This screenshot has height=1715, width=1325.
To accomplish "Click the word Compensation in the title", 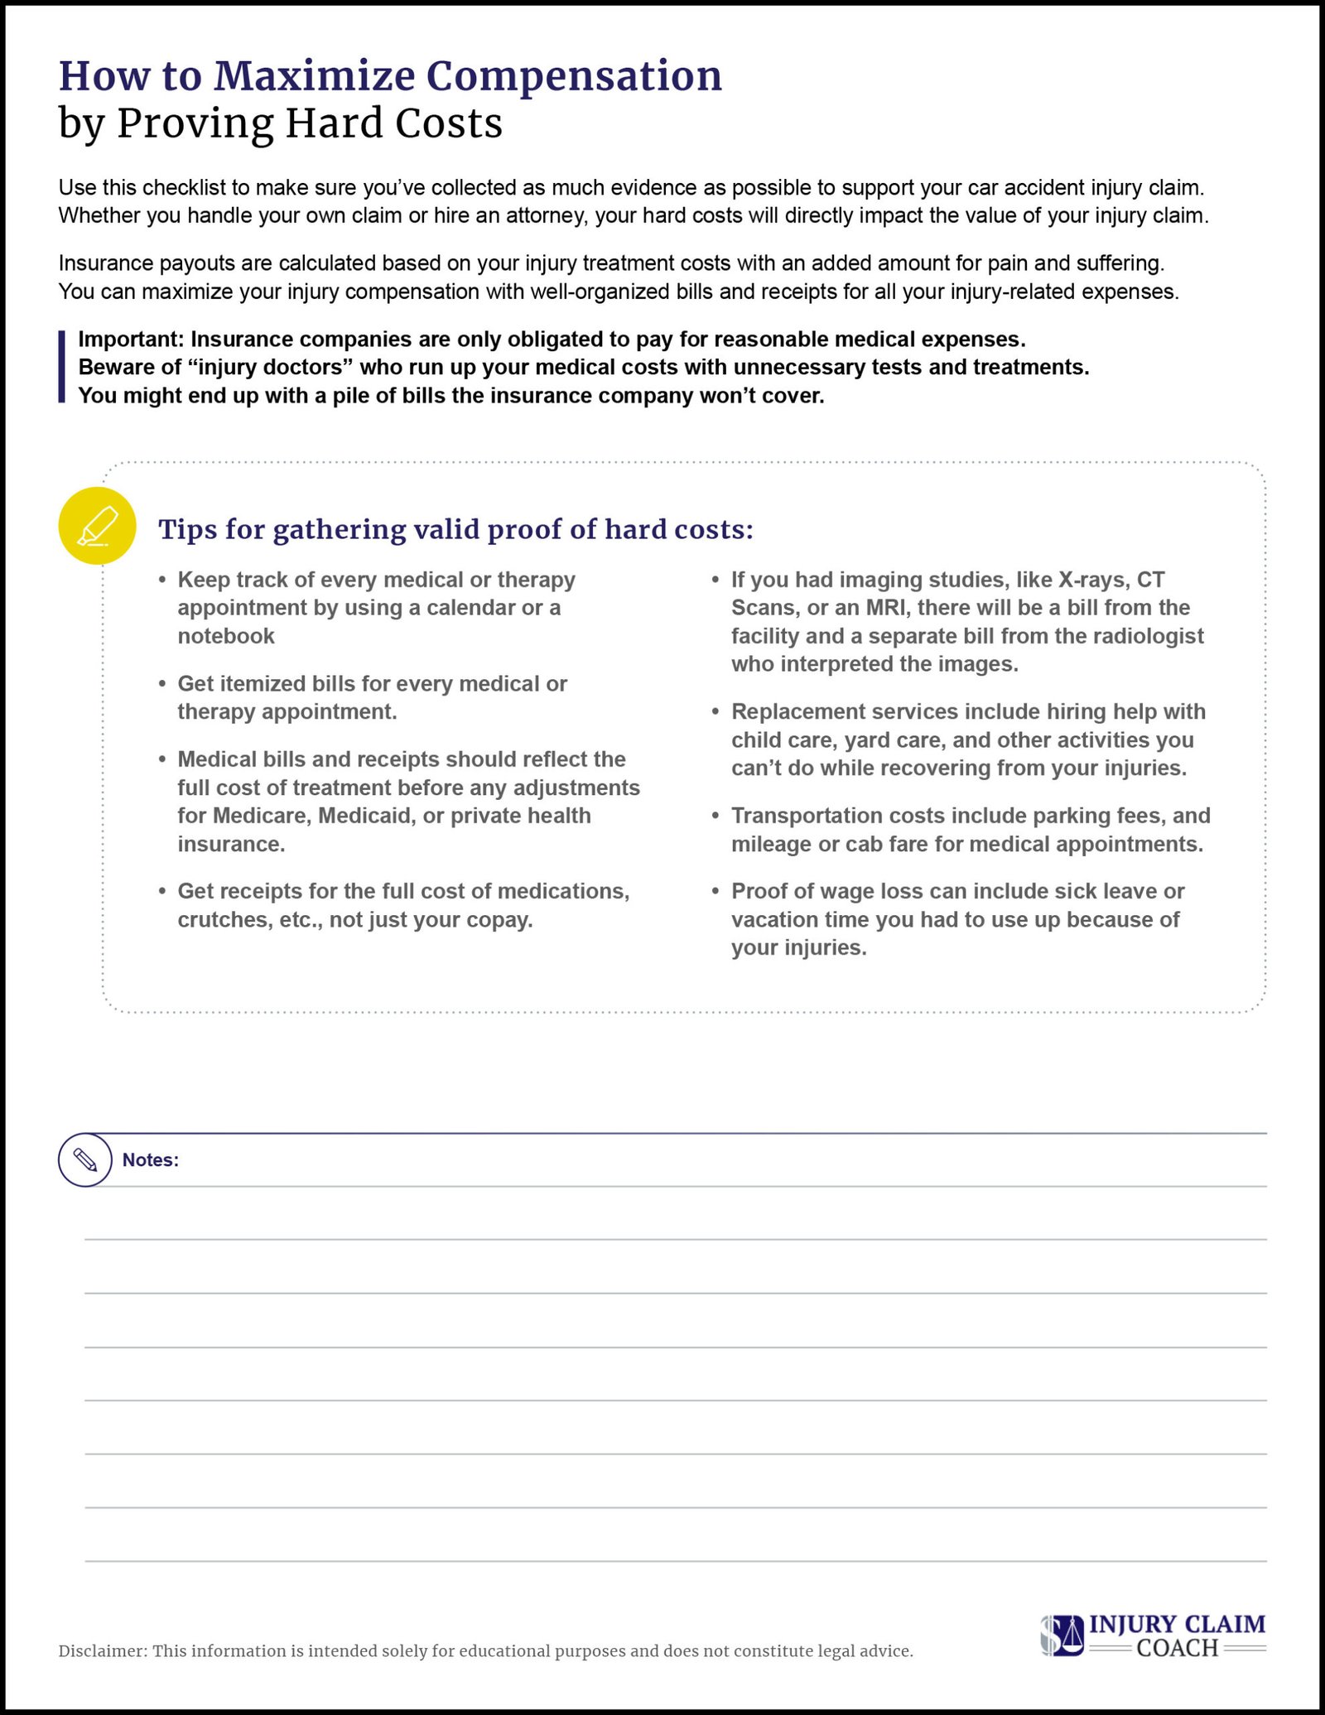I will [573, 76].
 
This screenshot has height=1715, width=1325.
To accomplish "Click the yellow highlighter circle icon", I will [97, 526].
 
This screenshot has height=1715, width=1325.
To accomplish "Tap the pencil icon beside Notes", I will [85, 1159].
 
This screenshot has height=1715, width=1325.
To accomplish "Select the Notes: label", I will [151, 1160].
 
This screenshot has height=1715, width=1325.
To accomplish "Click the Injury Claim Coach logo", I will [1153, 1635].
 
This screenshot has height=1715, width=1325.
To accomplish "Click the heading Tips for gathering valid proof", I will [455, 529].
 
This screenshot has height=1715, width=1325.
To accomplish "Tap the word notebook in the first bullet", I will [226, 636].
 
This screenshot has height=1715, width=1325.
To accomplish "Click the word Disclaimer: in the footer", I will [103, 1651].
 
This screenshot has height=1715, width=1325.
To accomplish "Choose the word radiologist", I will [1151, 636].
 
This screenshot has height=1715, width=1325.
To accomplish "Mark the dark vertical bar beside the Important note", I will [61, 367].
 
